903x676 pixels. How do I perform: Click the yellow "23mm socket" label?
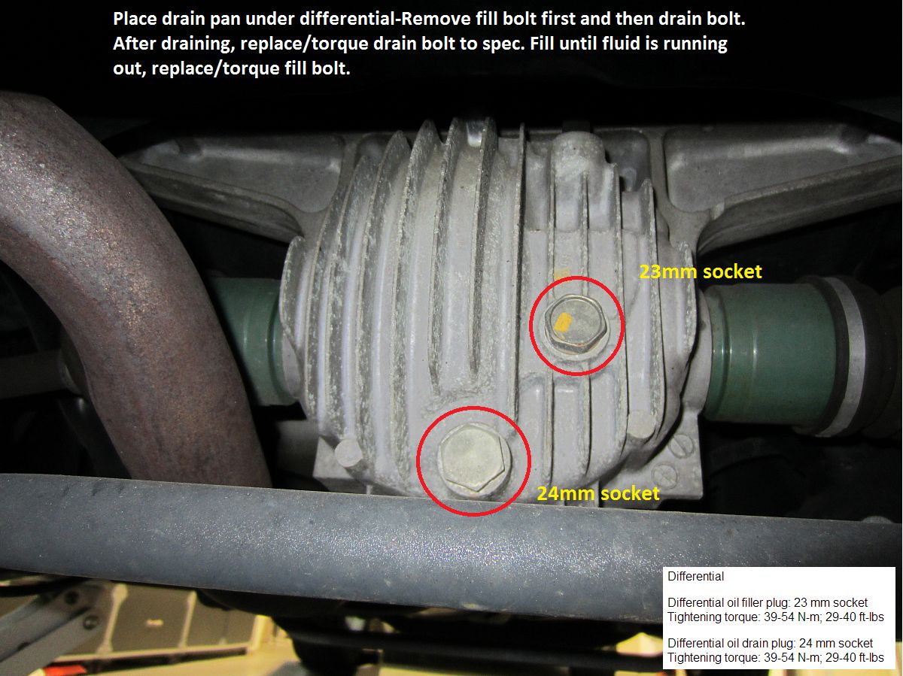click(700, 271)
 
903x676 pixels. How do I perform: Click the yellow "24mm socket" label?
click(598, 493)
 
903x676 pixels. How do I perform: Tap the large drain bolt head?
click(473, 459)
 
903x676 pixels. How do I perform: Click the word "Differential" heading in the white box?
click(695, 576)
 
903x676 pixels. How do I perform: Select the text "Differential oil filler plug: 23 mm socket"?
click(768, 603)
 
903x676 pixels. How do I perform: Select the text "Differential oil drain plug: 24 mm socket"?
click(770, 643)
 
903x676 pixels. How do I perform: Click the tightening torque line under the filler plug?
click(776, 617)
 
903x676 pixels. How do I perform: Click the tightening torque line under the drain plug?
click(776, 657)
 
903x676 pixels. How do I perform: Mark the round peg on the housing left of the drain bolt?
click(348, 452)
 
